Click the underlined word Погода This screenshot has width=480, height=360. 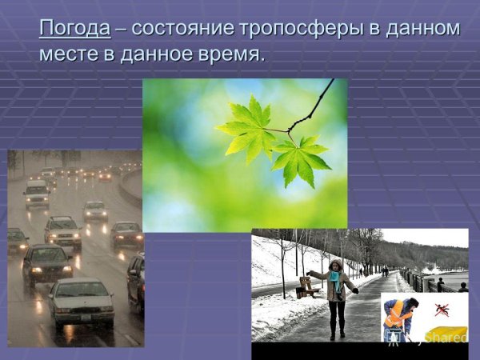pyautogui.click(x=74, y=28)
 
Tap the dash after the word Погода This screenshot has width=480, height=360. pyautogui.click(x=120, y=29)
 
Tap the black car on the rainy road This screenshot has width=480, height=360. pyautogui.click(x=46, y=264)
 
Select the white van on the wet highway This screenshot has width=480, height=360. pyautogui.click(x=36, y=194)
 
